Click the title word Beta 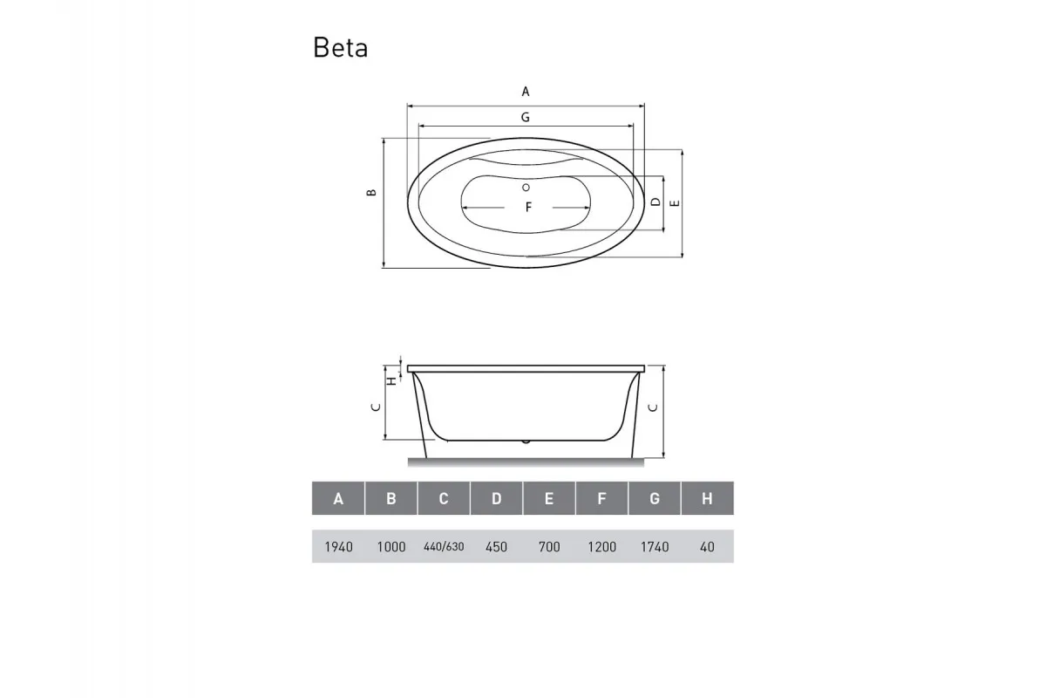point(340,48)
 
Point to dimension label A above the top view point(526,91)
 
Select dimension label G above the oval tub point(526,116)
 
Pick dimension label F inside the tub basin point(528,208)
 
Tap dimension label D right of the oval point(655,202)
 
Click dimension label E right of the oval point(674,202)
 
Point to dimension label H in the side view point(392,380)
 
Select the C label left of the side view point(375,407)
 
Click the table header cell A point(338,499)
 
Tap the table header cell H point(707,499)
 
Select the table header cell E point(549,499)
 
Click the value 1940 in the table point(338,547)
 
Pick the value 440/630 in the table point(444,547)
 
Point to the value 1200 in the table point(601,547)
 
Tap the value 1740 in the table point(655,547)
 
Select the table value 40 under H point(707,547)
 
